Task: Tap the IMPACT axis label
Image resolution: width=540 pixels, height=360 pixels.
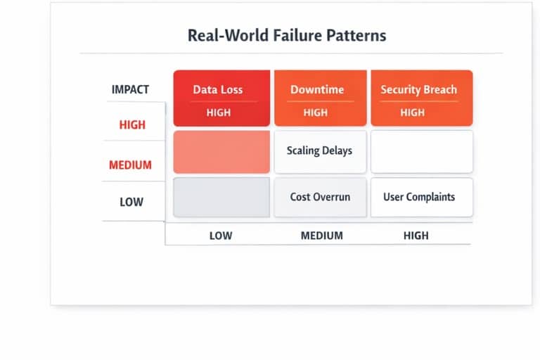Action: coord(130,90)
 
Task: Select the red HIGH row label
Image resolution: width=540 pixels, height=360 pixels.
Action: coord(132,125)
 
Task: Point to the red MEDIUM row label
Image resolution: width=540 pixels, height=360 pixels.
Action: coord(130,165)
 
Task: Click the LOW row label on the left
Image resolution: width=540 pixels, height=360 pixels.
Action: coord(131,202)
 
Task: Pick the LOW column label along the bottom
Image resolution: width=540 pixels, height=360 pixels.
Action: coord(221,236)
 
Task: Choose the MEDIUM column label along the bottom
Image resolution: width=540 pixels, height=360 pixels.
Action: coord(321,236)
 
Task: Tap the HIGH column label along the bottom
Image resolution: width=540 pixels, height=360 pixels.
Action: coord(416,236)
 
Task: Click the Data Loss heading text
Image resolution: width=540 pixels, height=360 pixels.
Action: coord(218,90)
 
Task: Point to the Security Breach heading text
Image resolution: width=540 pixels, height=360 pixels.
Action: coord(418,90)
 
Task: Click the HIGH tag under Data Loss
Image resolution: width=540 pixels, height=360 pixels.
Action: coord(219,112)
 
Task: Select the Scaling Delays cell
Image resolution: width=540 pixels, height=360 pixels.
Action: coord(320,151)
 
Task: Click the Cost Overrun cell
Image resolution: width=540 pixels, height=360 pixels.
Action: coord(320,197)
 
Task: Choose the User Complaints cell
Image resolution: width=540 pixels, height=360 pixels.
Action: coord(419,197)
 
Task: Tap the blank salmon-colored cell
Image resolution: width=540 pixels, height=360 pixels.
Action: coord(221,151)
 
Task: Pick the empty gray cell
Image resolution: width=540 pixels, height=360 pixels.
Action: coord(221,197)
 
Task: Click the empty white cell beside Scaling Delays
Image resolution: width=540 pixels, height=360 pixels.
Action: coord(422,151)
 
